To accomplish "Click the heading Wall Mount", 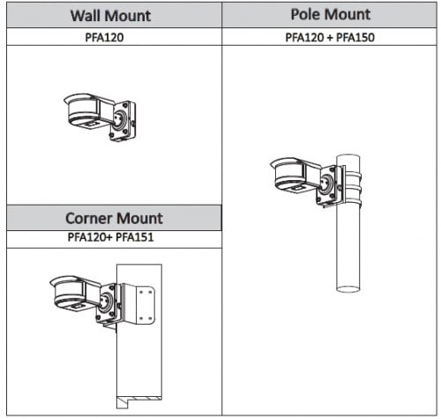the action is [x=110, y=15].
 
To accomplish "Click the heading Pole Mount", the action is [x=331, y=14].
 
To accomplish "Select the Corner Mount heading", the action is [x=114, y=218].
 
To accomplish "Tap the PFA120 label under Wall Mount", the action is [x=104, y=37].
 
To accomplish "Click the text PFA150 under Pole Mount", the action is [x=355, y=37].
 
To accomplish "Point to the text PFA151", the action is [x=135, y=237].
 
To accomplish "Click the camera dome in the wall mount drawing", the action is [x=81, y=110].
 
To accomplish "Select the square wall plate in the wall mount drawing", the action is [x=123, y=121].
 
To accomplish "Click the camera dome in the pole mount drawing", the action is [x=288, y=175].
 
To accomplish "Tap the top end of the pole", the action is [x=348, y=156].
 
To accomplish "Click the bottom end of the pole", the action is [x=348, y=288].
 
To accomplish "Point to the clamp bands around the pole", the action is [x=353, y=188].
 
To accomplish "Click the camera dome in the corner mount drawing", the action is [x=67, y=293].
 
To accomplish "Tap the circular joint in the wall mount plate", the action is [x=120, y=119].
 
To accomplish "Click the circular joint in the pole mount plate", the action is [x=325, y=183].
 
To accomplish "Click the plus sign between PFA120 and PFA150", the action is [x=330, y=38].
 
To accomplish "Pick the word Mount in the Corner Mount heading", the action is [x=139, y=218].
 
